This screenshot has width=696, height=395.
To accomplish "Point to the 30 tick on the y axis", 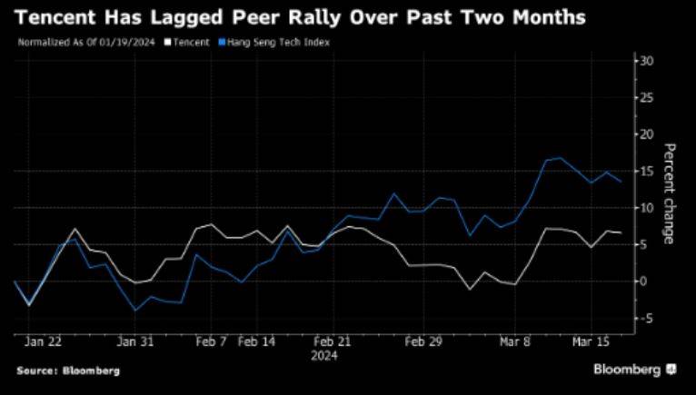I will [647, 61].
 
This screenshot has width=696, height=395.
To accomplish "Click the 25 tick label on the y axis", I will [647, 97].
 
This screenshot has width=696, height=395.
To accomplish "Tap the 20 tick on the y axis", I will [647, 134].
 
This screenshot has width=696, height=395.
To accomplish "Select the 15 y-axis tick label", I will [647, 171].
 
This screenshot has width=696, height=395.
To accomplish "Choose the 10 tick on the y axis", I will [647, 208].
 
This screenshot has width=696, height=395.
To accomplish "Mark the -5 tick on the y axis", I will [647, 318].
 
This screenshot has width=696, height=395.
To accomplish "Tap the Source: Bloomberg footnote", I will [68, 370].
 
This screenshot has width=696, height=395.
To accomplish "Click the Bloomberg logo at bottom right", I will [634, 370].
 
